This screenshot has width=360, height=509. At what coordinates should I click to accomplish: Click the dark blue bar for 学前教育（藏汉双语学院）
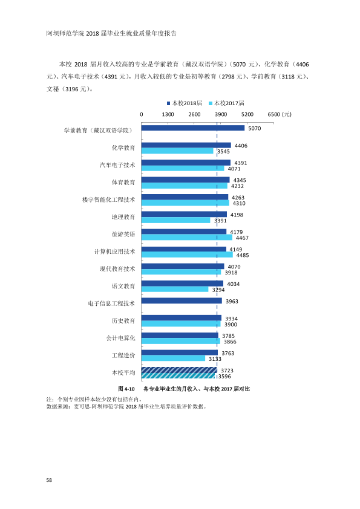pyautogui.click(x=192, y=128)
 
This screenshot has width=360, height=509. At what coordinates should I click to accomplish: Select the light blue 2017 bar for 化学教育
pyautogui.click(x=177, y=151)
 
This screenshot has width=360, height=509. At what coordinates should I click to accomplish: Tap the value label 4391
pyautogui.click(x=241, y=163)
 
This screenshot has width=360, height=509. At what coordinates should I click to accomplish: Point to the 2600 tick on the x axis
pyautogui.click(x=194, y=114)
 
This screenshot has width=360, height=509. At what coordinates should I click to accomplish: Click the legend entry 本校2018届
pyautogui.click(x=185, y=103)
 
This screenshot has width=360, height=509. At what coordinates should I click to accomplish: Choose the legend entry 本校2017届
pyautogui.click(x=226, y=103)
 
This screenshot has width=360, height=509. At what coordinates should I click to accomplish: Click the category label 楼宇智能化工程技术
pyautogui.click(x=108, y=199)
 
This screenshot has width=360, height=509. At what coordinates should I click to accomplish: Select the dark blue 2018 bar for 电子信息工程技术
pyautogui.click(x=182, y=301)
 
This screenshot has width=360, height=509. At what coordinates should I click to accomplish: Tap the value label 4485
pyautogui.click(x=243, y=255)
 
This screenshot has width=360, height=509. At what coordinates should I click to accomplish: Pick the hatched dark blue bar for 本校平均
pyautogui.click(x=179, y=370)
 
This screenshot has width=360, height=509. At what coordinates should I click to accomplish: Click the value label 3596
pyautogui.click(x=224, y=376)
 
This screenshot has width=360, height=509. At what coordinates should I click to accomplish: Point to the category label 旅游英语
pyautogui.click(x=123, y=234)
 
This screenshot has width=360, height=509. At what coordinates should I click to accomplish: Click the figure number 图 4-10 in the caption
pyautogui.click(x=126, y=389)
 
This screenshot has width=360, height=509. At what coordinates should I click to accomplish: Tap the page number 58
pyautogui.click(x=49, y=480)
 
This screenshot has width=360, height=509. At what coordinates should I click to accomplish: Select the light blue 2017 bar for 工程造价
pyautogui.click(x=173, y=358)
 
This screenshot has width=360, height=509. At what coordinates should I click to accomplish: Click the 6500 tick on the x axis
pyautogui.click(x=274, y=114)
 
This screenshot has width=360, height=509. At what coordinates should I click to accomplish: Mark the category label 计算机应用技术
pyautogui.click(x=115, y=251)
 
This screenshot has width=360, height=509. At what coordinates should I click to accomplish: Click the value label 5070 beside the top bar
pyautogui.click(x=255, y=128)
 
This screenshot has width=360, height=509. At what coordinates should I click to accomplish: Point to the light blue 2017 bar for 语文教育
pyautogui.click(x=175, y=289)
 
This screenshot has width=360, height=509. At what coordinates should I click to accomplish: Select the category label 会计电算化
pyautogui.click(x=120, y=338)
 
